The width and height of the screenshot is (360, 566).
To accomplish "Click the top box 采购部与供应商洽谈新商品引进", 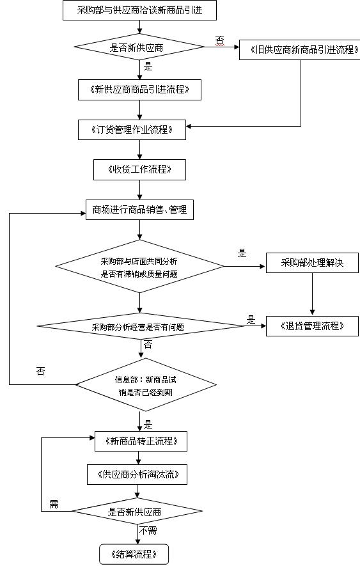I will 140,10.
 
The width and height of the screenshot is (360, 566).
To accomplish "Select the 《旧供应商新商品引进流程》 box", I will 299,49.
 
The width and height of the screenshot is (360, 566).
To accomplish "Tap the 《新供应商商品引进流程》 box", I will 140,90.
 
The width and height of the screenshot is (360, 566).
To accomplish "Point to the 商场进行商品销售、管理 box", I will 139,210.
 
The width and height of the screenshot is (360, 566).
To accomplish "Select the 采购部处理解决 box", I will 312,263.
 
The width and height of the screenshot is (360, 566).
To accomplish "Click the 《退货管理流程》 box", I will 312,326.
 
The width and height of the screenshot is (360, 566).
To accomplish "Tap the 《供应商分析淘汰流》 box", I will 138,474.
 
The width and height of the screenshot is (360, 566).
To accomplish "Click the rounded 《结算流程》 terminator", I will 134,554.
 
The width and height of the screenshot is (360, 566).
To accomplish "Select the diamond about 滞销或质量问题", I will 139,266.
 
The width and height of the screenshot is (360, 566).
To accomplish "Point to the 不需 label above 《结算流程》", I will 148,530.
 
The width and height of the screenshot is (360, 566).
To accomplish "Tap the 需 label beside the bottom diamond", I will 54,505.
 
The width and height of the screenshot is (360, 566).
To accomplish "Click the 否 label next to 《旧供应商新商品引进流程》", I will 219,40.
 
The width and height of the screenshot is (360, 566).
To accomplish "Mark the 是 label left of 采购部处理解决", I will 242,253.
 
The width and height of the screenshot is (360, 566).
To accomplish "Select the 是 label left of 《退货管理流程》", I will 251,319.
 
